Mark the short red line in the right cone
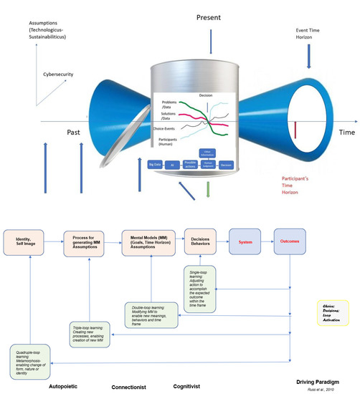coord(295,128)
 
